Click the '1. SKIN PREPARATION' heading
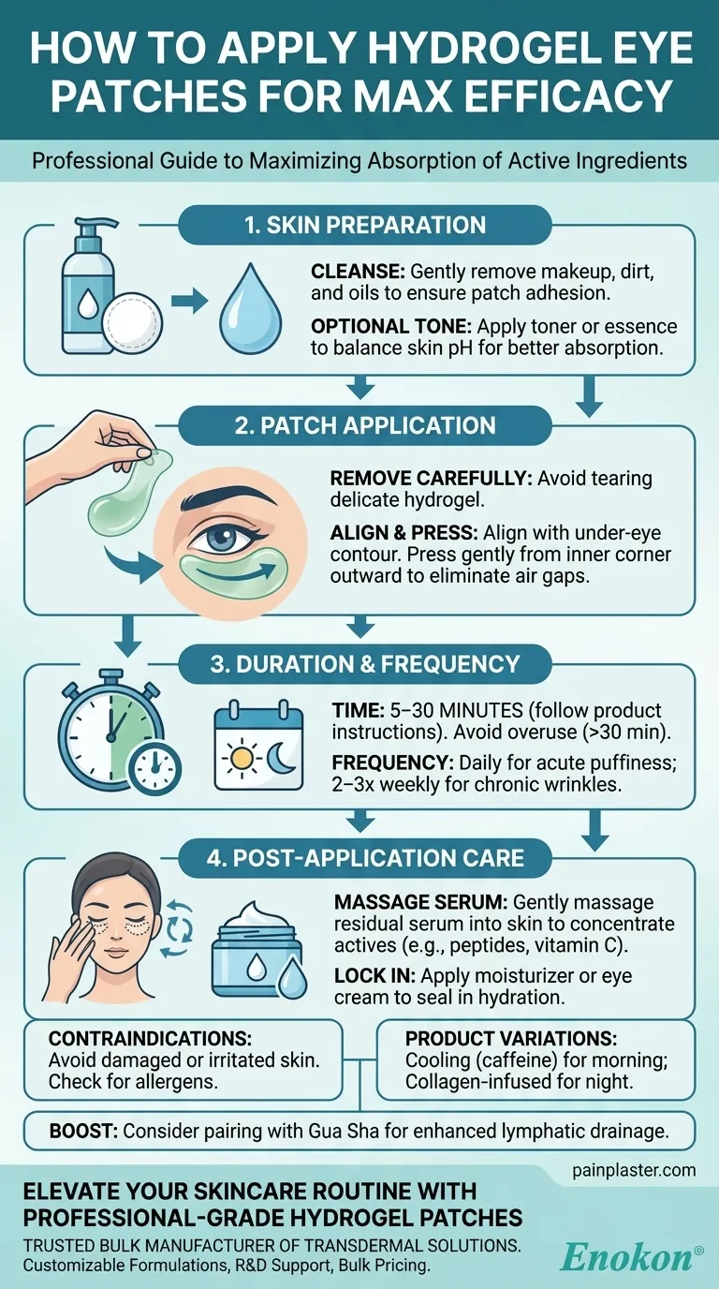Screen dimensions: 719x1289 [365, 225]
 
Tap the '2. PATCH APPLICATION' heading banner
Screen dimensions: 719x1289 [365, 426]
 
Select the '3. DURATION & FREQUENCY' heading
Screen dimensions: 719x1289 [365, 664]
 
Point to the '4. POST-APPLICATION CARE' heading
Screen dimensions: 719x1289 [365, 858]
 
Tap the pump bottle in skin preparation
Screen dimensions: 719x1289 [89, 285]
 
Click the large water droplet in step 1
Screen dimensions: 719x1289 [251, 304]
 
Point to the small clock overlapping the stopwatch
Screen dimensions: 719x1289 [154, 767]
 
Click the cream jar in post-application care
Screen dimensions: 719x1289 [253, 956]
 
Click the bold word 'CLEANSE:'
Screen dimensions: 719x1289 [358, 272]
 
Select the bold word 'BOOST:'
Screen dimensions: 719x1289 [83, 1131]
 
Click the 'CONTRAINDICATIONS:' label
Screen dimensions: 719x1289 [150, 1038]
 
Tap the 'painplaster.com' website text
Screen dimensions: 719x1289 [634, 1170]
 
